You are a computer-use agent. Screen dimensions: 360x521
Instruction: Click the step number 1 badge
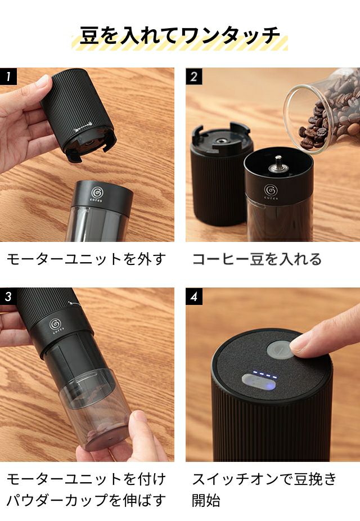(x=8, y=77)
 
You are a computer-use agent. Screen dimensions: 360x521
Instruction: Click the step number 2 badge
(x=193, y=77)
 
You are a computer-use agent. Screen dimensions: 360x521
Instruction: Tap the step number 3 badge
(x=8, y=296)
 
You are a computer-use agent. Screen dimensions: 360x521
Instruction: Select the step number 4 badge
(x=193, y=296)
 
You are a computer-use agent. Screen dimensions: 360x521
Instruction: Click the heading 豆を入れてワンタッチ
(x=180, y=35)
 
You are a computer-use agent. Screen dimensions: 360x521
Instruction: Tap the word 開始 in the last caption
(x=206, y=500)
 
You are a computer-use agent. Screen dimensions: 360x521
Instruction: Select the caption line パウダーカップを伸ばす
(x=87, y=500)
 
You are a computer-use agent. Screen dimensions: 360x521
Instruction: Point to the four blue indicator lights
(x=265, y=375)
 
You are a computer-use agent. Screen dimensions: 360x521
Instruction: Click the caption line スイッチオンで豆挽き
(x=265, y=479)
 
